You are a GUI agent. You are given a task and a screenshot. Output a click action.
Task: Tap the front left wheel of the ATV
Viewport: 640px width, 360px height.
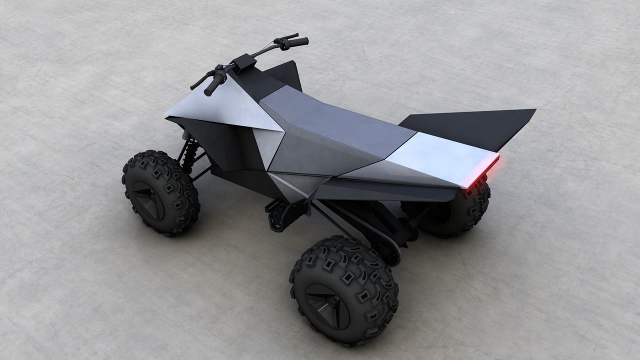tap(160, 192)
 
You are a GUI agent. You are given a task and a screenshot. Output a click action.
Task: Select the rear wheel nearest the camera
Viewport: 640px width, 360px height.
tap(344, 289)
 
